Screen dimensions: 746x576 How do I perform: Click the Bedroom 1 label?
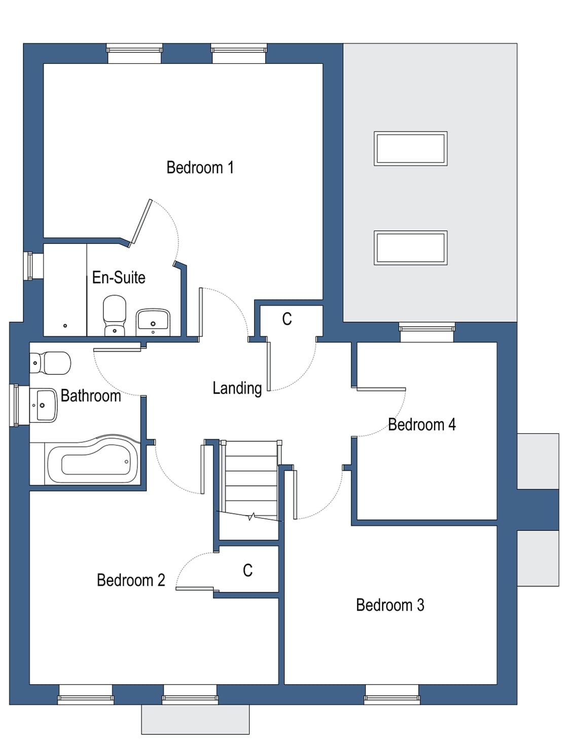pyautogui.click(x=200, y=167)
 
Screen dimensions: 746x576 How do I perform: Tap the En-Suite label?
pyautogui.click(x=119, y=277)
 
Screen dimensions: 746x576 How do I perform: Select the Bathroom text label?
pyautogui.click(x=91, y=396)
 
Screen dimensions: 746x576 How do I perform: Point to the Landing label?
pyautogui.click(x=237, y=388)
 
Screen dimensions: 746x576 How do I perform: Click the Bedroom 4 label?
pyautogui.click(x=422, y=424)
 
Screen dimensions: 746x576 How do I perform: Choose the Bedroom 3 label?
pyautogui.click(x=390, y=605)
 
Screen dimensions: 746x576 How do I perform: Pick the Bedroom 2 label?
pyautogui.click(x=131, y=580)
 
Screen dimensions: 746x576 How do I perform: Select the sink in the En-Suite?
pyautogui.click(x=153, y=322)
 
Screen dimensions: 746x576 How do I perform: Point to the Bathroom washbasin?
pyautogui.click(x=44, y=405)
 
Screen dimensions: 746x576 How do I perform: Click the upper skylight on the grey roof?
pyautogui.click(x=410, y=149)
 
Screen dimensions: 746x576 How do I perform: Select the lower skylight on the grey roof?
pyautogui.click(x=410, y=247)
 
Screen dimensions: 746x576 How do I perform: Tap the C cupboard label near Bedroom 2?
pyautogui.click(x=247, y=571)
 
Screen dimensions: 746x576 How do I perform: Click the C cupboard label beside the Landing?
pyautogui.click(x=287, y=319)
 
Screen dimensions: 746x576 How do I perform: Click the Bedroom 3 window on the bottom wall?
pyautogui.click(x=392, y=694)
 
